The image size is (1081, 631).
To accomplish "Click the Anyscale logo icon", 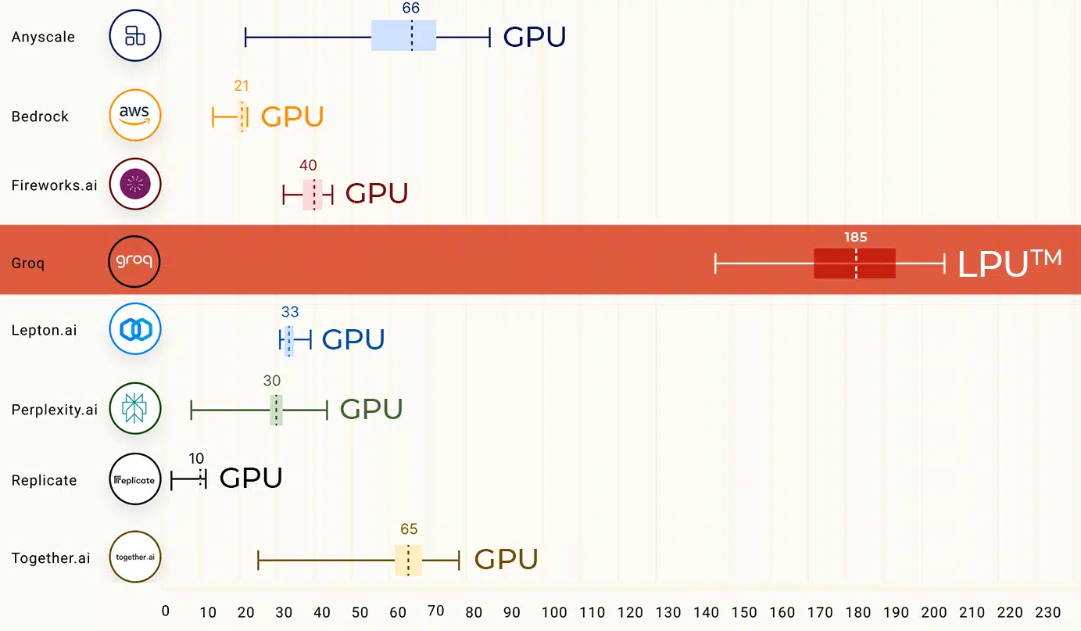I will pos(135,36).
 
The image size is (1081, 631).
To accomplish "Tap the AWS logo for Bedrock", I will pos(135,116).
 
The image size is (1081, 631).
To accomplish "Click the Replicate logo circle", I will pos(135,479).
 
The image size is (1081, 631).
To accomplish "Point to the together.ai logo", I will pos(135,557).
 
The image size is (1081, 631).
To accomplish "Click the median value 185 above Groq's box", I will pos(855,237).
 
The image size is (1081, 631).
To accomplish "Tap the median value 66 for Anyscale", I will pos(411,8).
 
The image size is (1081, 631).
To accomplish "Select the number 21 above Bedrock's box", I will pos(242,86).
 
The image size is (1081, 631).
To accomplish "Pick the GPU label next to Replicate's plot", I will pos(251,478).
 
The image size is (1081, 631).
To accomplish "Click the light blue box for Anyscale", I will pos(403,36).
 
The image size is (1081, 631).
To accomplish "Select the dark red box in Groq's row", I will pos(854,264).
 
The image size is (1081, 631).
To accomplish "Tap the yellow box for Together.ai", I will pos(408,560).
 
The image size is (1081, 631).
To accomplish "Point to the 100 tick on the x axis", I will pos(554,612).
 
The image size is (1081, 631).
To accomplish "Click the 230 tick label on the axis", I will pos(1047,612).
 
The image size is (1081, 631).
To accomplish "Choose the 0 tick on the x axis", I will pos(165,611).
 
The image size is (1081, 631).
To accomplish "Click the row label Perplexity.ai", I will pos(55,409).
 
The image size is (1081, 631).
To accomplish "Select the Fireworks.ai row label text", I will pos(55,185).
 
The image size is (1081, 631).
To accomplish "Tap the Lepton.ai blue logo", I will pos(135,329).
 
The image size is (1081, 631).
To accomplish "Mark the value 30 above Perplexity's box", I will pos(272,381).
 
